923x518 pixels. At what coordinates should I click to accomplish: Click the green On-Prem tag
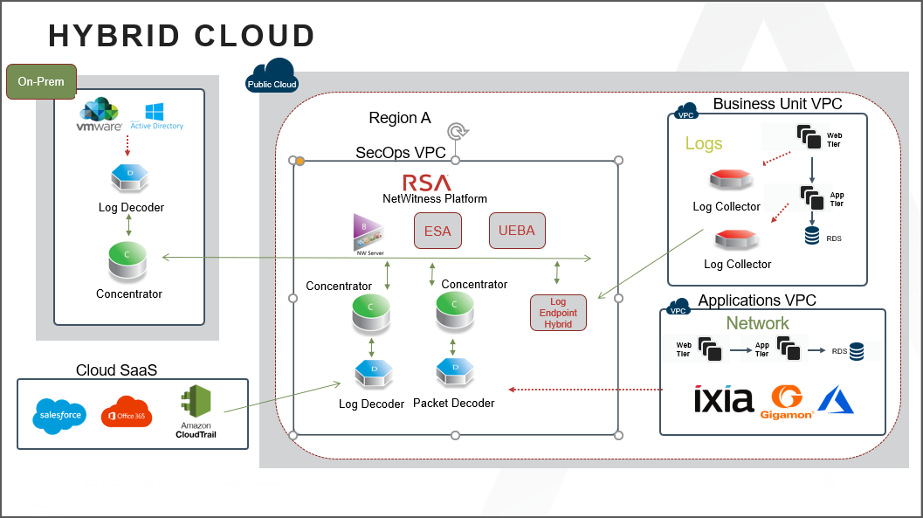pyautogui.click(x=41, y=82)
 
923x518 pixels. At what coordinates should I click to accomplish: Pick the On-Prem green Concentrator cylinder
pyautogui.click(x=128, y=262)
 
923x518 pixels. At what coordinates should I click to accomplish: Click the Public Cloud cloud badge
pyautogui.click(x=272, y=77)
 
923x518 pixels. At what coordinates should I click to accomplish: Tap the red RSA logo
pyautogui.click(x=427, y=183)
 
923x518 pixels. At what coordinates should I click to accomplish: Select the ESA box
pyautogui.click(x=437, y=231)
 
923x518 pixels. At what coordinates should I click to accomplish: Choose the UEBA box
pyautogui.click(x=517, y=231)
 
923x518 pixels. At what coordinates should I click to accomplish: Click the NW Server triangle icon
pyautogui.click(x=365, y=231)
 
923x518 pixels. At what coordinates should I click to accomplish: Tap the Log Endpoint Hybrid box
pyautogui.click(x=558, y=313)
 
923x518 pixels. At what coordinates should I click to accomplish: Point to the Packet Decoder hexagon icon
pyautogui.click(x=454, y=373)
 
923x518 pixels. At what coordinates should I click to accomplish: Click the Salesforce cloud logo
pyautogui.click(x=60, y=415)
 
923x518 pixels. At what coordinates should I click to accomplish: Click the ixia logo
pyautogui.click(x=723, y=399)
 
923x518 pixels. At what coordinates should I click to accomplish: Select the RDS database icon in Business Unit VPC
pyautogui.click(x=812, y=234)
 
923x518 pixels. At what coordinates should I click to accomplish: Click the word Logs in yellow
pyautogui.click(x=703, y=143)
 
